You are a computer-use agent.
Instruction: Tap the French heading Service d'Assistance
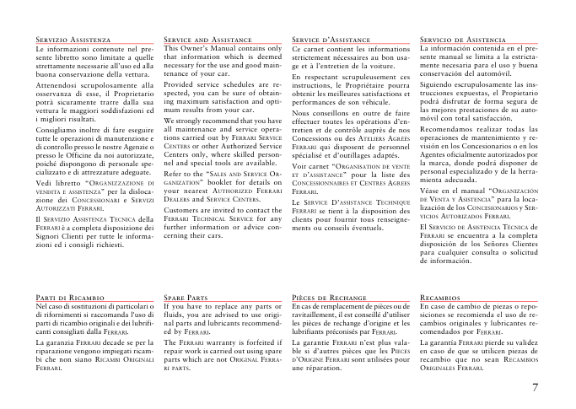click(325, 40)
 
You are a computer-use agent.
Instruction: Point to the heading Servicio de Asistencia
click(462, 40)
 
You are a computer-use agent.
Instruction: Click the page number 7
click(536, 387)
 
